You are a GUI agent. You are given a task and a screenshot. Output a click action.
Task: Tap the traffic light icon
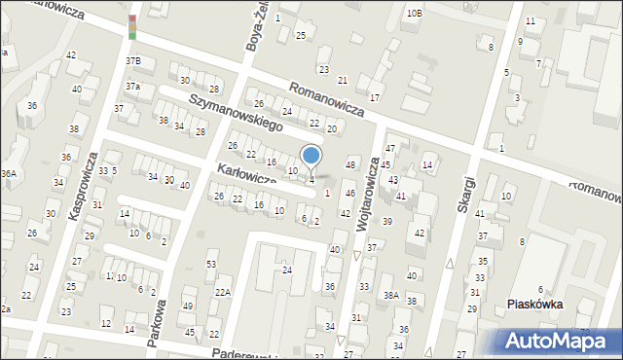pos(132,27)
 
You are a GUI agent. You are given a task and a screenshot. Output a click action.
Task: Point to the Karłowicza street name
pos(247,178)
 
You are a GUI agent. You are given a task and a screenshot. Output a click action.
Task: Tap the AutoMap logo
pos(561,341)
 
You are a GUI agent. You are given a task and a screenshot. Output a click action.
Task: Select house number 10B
pos(415,13)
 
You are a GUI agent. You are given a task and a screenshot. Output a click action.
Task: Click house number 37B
pos(133,60)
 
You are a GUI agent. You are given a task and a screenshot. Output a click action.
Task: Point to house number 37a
pos(133,86)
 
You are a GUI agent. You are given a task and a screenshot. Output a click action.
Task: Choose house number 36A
pos(9,173)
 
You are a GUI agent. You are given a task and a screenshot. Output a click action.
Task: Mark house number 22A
pos(223,292)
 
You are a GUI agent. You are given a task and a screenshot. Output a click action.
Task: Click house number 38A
pos(391,295)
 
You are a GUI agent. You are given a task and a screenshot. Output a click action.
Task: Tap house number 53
pos(211,265)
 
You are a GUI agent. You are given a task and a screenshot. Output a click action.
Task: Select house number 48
pos(351,162)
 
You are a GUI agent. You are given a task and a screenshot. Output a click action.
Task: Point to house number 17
pos(374,98)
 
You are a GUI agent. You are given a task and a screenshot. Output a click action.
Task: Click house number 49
pos(188,306)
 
